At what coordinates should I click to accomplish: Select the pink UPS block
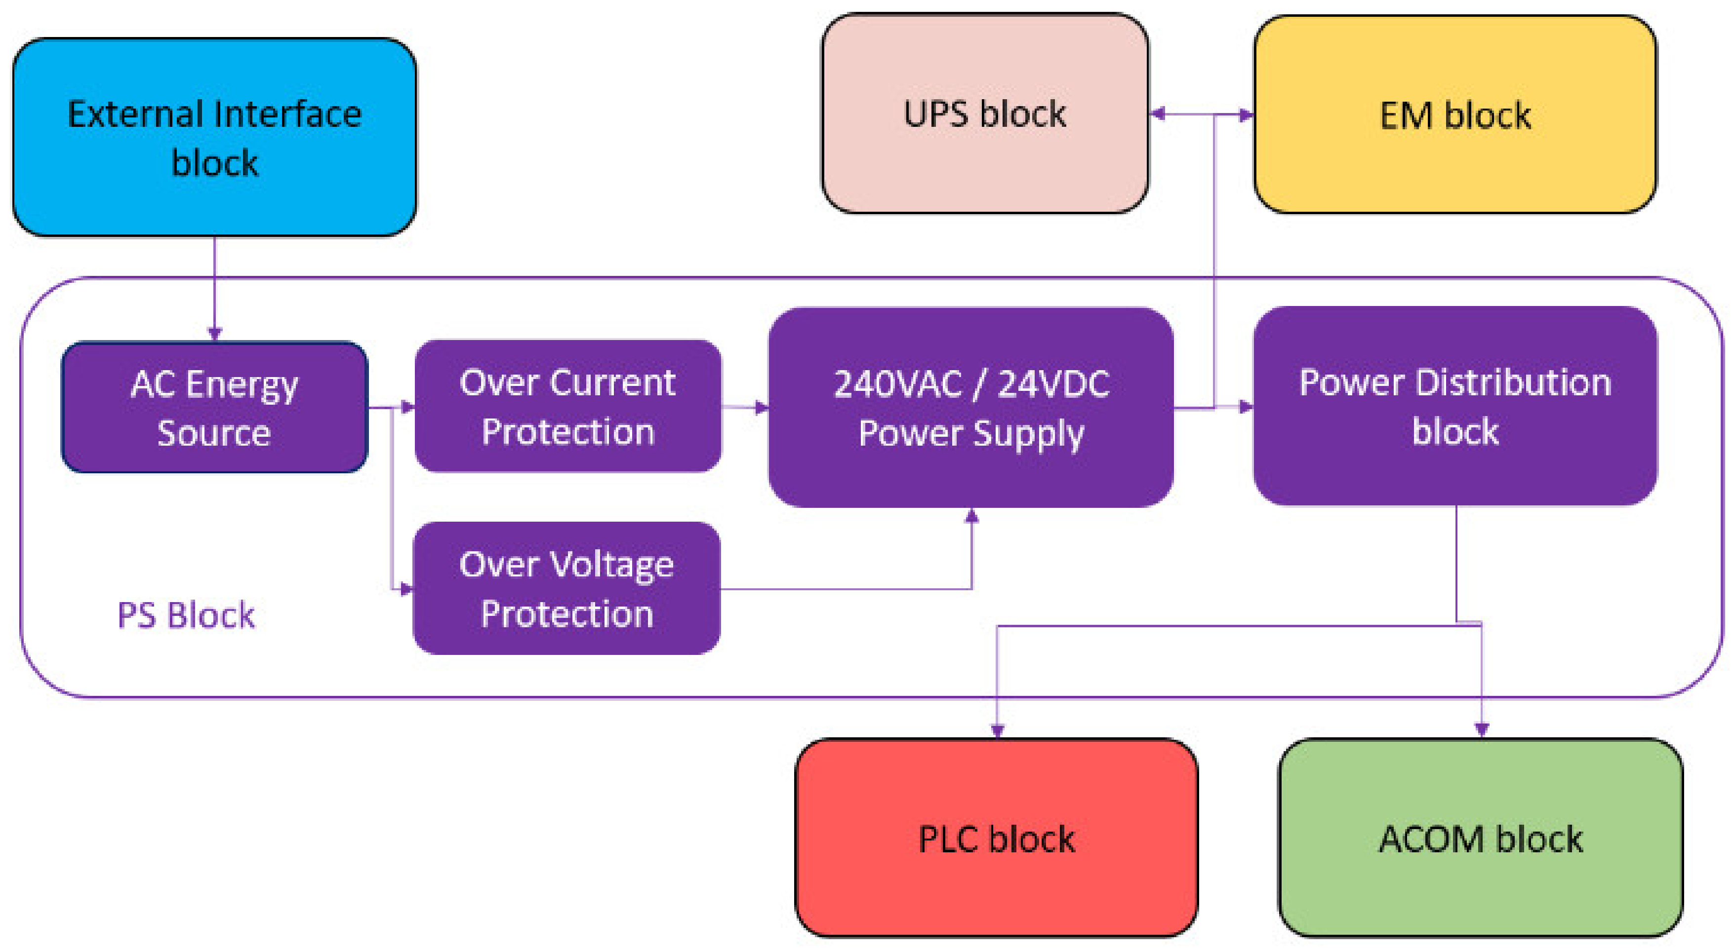coord(985,113)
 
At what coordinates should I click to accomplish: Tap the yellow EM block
coord(1455,114)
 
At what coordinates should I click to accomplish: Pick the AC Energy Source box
coord(214,407)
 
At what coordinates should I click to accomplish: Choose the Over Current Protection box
coord(568,406)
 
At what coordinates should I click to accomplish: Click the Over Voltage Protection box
coord(566,588)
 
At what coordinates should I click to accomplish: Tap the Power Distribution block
coord(1455,406)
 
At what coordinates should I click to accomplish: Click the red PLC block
coord(996,838)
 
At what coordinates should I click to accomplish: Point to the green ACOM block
coord(1481,838)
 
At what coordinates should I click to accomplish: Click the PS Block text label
coord(186,615)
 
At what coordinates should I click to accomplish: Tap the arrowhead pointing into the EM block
coord(1246,114)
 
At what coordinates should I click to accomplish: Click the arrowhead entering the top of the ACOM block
coord(1481,729)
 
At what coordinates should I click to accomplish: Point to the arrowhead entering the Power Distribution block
coord(1246,407)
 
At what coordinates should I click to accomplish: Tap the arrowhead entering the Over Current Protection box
coord(407,407)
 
